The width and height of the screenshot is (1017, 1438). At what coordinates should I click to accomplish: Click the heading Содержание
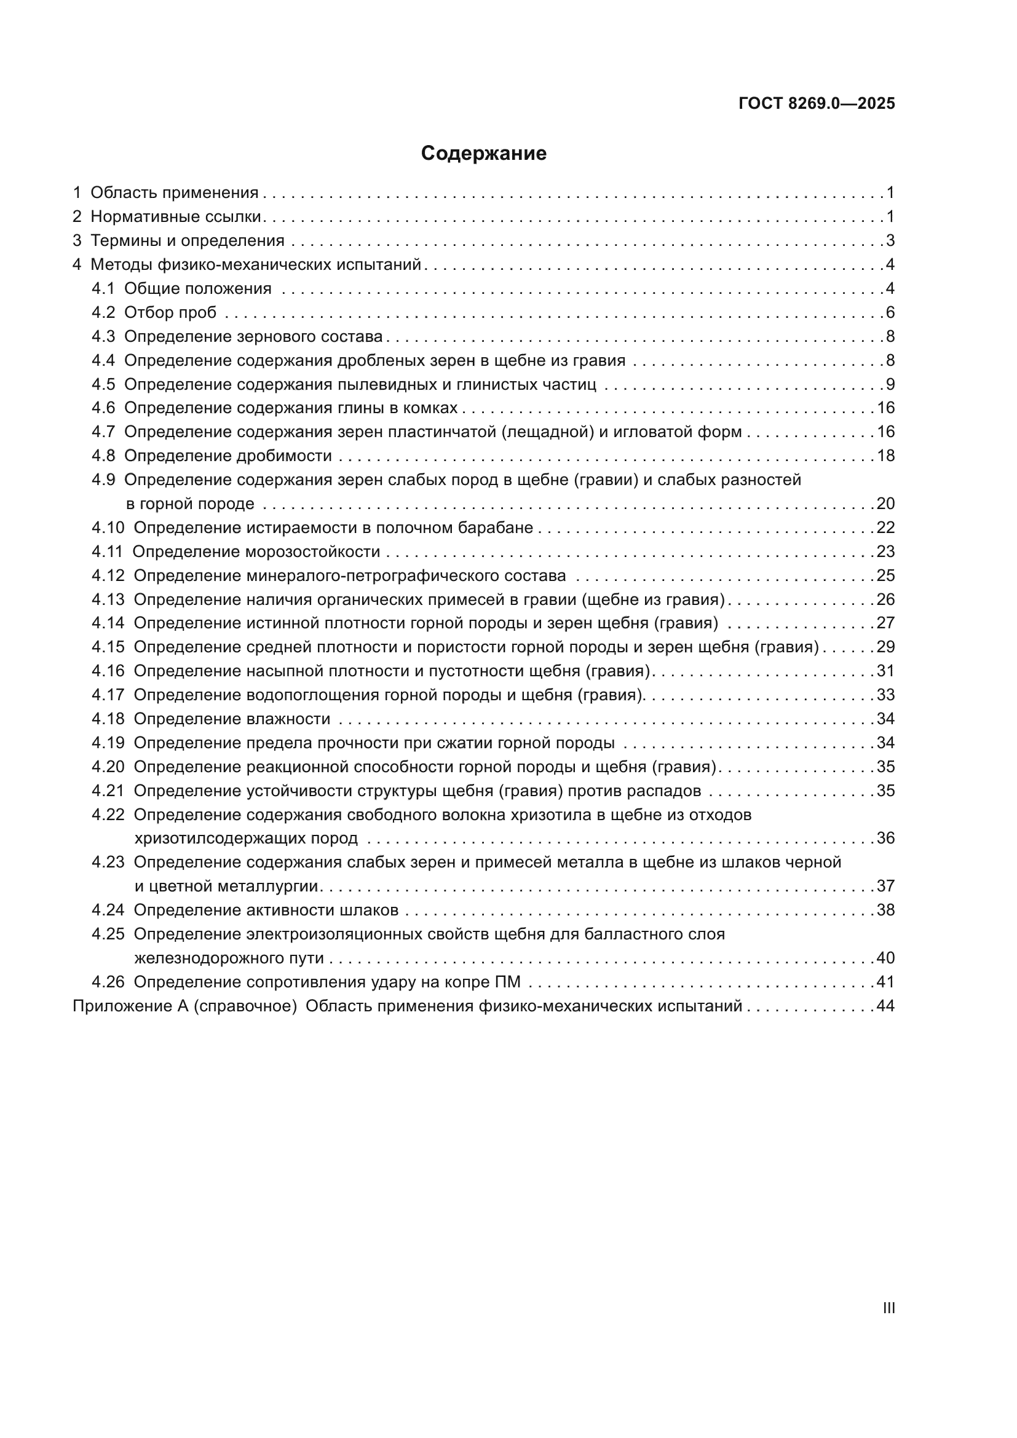coord(483,154)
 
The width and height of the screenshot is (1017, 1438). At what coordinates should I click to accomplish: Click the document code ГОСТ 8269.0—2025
coord(817,103)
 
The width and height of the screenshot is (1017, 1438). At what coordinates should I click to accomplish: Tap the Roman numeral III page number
coord(888,1308)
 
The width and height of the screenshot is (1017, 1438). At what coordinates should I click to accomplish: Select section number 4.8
coord(103,456)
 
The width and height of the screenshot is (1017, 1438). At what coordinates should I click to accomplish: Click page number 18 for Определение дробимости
coord(885,456)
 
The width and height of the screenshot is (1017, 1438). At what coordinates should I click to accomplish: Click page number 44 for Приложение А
coord(885,1006)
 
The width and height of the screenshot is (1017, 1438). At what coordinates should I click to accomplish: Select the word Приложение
coord(113,1006)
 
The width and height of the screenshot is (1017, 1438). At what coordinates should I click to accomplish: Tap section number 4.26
coord(108,982)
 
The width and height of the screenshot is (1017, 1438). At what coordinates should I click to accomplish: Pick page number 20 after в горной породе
coord(885,504)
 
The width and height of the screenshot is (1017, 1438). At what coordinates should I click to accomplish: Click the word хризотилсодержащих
coord(245,839)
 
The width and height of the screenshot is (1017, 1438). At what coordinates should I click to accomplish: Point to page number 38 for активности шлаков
coord(885,910)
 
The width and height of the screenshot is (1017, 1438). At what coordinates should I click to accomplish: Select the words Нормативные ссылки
coord(175,216)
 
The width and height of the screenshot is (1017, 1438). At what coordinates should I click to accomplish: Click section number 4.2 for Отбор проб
coord(103,312)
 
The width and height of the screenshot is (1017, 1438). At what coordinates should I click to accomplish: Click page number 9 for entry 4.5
coord(890,384)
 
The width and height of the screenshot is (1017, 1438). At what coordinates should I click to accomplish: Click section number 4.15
coord(108,647)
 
